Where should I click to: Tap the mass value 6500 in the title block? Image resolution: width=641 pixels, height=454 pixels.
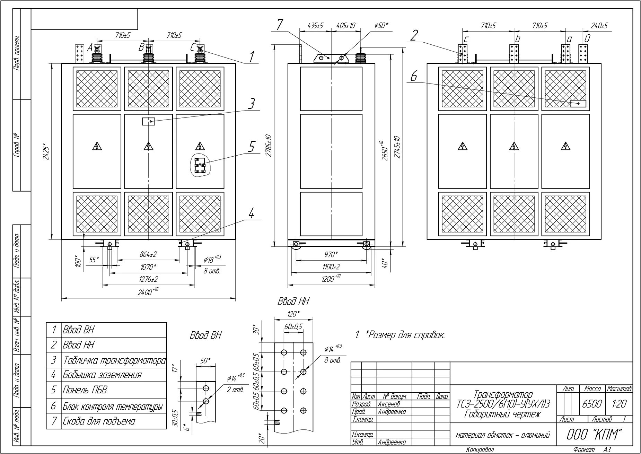(x=592, y=403)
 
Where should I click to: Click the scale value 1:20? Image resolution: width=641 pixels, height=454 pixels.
(x=619, y=403)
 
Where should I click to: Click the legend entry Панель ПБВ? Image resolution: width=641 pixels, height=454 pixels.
(x=85, y=390)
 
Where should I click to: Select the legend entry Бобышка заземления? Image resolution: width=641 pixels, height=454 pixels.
(x=102, y=375)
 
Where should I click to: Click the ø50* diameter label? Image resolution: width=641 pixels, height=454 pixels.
(x=381, y=25)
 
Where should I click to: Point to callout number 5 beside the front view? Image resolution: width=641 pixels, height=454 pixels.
(x=251, y=147)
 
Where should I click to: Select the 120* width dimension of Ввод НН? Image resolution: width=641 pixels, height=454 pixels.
(x=293, y=314)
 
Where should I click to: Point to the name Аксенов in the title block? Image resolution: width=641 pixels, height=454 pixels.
(x=389, y=404)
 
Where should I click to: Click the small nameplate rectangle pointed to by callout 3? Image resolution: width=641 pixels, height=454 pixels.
(x=148, y=121)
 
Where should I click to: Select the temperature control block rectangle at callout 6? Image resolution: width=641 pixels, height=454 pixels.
(x=578, y=103)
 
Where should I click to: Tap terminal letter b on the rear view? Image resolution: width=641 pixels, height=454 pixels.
(x=517, y=39)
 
